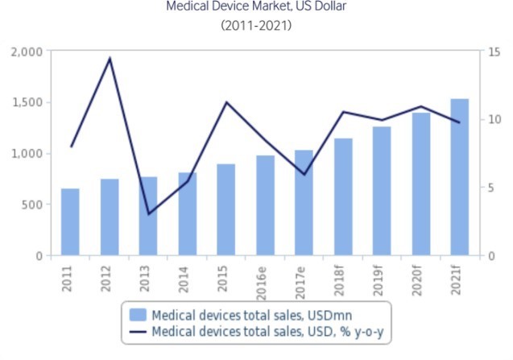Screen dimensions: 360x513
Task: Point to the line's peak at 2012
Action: tap(110, 58)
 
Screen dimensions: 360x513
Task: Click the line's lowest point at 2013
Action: tap(148, 213)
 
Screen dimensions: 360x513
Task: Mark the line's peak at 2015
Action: tap(226, 102)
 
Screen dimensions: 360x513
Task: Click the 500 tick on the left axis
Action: tap(33, 205)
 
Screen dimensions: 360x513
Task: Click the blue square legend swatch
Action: tap(138, 312)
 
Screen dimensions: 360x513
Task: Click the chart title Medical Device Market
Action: tap(256, 7)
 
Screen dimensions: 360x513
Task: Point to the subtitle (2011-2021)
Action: tap(256, 25)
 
